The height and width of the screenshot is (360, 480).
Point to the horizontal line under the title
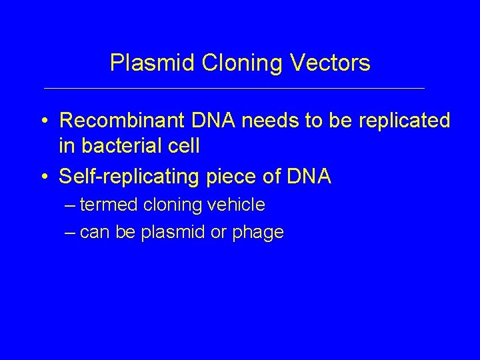pos(233,88)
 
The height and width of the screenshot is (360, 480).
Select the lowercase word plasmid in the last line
pos(181,232)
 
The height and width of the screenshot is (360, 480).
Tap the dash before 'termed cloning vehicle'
pos(71,205)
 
